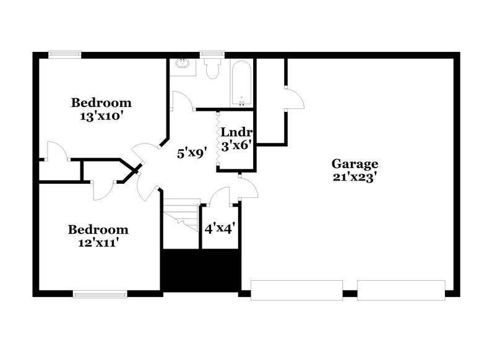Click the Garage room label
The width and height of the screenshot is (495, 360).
pos(355,164)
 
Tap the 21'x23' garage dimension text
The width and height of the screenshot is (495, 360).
pos(355,176)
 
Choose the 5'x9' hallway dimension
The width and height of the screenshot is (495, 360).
pos(191,152)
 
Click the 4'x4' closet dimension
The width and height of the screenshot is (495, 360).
pos(219,228)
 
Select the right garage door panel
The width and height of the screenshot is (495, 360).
pos(401,291)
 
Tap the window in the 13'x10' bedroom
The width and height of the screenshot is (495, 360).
pos(66,54)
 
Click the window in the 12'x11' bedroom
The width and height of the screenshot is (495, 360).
pos(100,294)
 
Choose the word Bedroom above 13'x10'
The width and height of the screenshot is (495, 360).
pos(101,102)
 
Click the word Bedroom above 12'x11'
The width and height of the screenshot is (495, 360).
pos(98,229)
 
